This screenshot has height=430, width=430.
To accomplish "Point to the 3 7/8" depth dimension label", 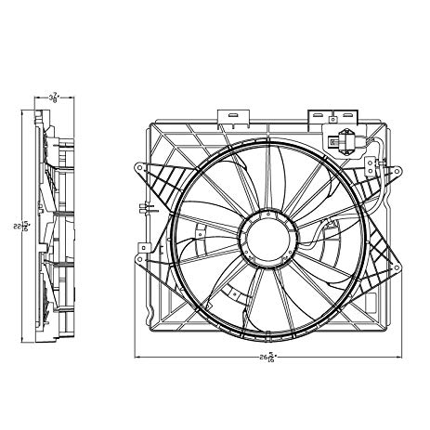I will click(55, 95).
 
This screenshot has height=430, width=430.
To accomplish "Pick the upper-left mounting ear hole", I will click(139, 169).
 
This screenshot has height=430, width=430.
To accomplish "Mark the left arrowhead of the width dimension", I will click(139, 356).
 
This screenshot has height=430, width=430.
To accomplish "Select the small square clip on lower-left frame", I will click(145, 247).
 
